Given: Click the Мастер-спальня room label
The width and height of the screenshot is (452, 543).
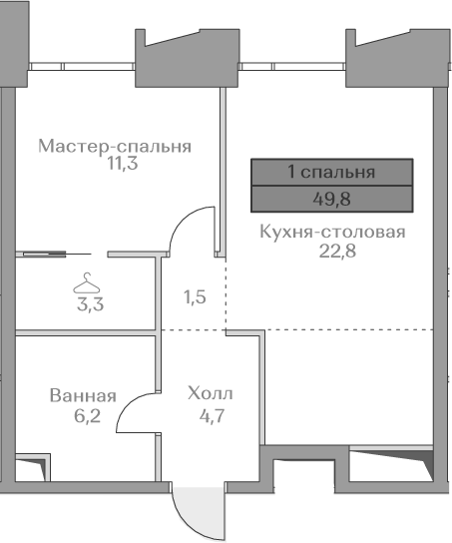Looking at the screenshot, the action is (115, 146).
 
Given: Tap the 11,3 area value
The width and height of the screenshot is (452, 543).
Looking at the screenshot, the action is (123, 163).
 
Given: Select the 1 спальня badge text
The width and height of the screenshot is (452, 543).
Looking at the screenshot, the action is (331, 172).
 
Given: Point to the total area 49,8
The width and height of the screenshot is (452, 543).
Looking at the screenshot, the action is (331, 199).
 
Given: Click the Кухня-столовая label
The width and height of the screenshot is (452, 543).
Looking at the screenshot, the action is (332, 232).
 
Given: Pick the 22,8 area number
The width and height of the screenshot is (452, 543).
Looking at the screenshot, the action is (337, 251).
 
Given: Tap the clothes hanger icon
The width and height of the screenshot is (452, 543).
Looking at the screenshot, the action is (86, 282).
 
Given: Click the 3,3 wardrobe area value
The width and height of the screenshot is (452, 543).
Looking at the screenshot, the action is (90, 304).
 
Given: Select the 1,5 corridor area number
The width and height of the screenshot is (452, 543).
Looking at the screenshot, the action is (195, 297).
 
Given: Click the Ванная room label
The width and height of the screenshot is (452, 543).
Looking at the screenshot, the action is (83, 396).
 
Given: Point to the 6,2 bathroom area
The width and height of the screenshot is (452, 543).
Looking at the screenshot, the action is (87, 415).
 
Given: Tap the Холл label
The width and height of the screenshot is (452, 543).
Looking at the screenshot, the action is (211, 393).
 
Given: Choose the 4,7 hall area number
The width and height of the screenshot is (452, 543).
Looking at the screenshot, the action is (213, 415).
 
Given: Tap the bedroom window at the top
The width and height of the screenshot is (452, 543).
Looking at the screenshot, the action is (82, 67).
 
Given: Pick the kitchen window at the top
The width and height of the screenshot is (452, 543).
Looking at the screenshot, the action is (292, 67).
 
